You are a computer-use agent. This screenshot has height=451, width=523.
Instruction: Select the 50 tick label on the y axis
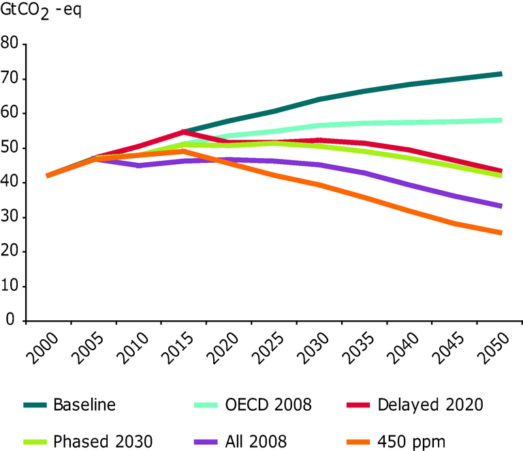pos(10,149)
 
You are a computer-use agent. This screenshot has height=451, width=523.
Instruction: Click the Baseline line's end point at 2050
pos(501,74)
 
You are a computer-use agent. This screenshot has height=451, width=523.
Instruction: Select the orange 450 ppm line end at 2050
pos(501,232)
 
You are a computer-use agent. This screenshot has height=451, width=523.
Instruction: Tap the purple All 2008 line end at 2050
pos(501,206)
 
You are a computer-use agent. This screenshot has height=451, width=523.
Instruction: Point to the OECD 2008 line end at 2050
pos(501,120)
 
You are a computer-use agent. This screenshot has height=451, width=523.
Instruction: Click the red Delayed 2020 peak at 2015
pos(183,131)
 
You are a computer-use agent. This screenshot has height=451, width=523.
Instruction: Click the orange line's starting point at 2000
pos(47,176)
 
